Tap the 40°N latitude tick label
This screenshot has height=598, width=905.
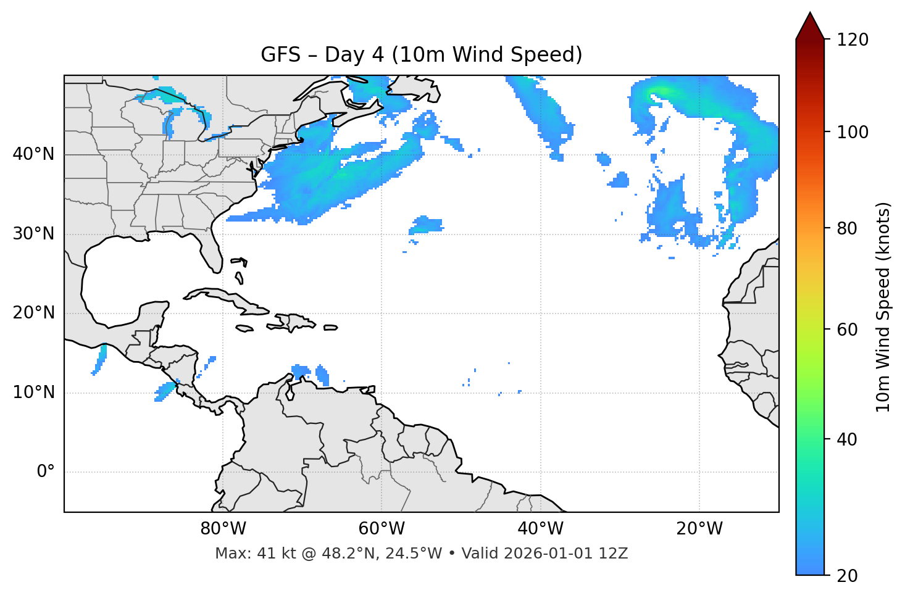(33, 154)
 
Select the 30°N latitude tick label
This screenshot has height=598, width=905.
(33, 234)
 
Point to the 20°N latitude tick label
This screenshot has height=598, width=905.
(33, 313)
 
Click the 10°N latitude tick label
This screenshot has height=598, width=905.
(33, 392)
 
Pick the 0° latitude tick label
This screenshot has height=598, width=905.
(46, 472)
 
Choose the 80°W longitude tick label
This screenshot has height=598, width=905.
(223, 529)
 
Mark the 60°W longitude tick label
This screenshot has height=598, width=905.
(382, 529)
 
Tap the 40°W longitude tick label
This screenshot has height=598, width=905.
(540, 529)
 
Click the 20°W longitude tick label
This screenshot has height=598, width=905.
(699, 529)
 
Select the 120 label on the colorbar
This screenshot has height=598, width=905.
(853, 40)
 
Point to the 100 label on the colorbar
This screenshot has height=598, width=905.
(853, 132)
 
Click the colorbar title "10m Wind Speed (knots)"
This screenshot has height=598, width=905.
(883, 307)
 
